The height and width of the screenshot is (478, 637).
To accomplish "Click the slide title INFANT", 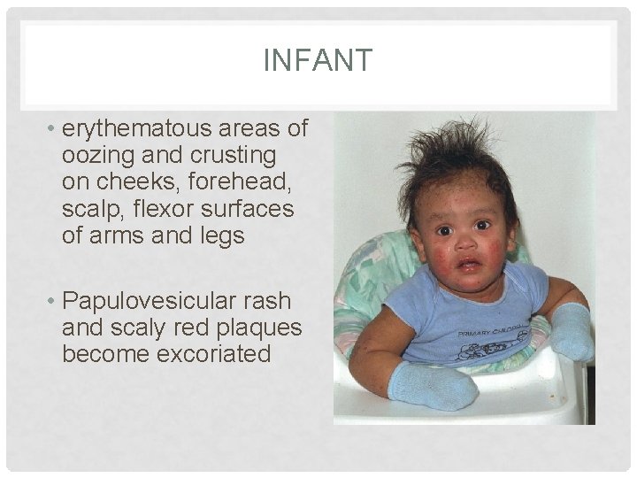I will (x=318, y=61).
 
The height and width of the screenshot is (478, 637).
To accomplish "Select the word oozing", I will (x=96, y=155).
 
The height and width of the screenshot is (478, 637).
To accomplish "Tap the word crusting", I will (x=233, y=155).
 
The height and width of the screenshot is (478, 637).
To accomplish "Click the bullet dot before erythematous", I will (x=54, y=129).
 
